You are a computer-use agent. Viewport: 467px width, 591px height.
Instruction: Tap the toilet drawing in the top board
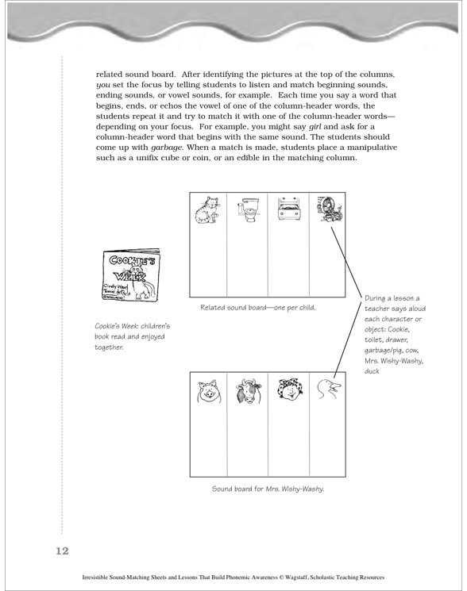tap(249, 209)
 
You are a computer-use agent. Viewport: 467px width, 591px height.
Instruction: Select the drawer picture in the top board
tap(288, 209)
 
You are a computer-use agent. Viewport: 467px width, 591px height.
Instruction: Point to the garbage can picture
tap(329, 209)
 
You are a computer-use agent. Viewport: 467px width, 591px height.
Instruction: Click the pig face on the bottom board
tap(209, 391)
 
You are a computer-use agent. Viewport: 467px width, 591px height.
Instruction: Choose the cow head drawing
tap(249, 391)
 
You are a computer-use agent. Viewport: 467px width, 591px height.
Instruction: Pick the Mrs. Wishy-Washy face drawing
tap(289, 390)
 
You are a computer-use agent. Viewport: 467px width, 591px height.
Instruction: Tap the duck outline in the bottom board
tap(329, 389)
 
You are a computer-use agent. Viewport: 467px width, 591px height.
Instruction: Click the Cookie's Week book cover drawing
tap(131, 274)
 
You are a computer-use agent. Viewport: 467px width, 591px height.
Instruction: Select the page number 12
tap(63, 551)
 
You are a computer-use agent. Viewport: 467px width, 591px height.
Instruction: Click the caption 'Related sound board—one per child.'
tap(258, 308)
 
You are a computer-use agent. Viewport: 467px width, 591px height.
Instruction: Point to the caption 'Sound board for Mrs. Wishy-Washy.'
tap(268, 489)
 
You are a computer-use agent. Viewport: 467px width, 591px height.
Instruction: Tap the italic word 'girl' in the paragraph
tap(315, 126)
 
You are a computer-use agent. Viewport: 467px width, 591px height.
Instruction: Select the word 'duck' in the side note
tap(372, 371)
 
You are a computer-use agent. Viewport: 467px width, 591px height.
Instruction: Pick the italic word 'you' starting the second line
tap(103, 85)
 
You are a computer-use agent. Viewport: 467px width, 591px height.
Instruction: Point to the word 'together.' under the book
tap(109, 347)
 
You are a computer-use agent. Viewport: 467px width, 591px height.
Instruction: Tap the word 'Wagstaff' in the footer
tap(295, 578)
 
